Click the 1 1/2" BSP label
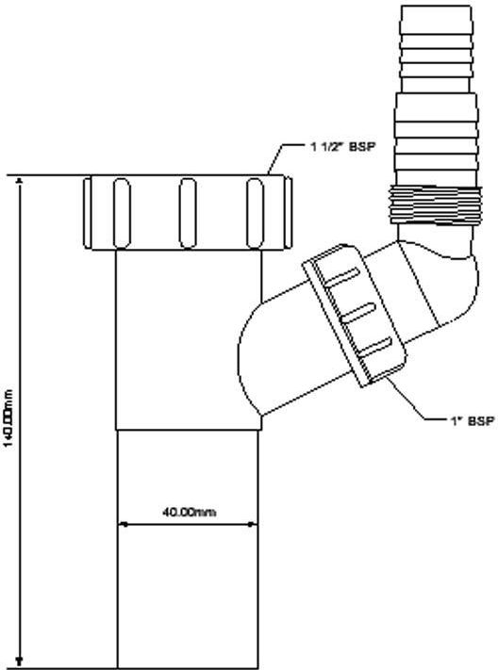[x=342, y=147]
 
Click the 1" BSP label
[x=473, y=421]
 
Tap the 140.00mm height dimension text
[x=8, y=417]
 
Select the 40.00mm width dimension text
[x=189, y=511]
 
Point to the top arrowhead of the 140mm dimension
[x=19, y=181]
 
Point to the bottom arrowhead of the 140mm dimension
[x=19, y=662]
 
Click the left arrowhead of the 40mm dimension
[x=123, y=523]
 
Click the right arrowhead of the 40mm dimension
[x=253, y=523]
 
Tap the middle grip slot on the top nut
[x=188, y=213]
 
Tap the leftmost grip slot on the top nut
[x=122, y=213]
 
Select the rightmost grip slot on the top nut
[x=255, y=213]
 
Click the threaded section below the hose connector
[x=435, y=204]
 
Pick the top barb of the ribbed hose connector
[x=436, y=16]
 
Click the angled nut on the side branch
[x=355, y=315]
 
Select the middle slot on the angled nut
[x=357, y=313]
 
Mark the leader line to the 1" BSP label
[x=417, y=399]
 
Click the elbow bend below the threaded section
[x=440, y=273]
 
